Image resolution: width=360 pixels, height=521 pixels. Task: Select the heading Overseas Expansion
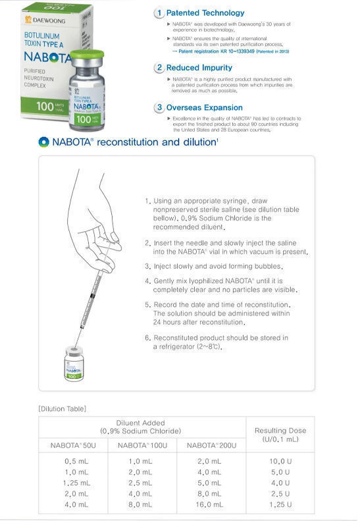tap(203, 107)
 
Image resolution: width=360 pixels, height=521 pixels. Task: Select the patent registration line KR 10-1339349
tap(225, 51)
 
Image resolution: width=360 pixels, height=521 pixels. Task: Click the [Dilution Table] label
tap(63, 409)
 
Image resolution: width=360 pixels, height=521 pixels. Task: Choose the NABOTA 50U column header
tap(72, 445)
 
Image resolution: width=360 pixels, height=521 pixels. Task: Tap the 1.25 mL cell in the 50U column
tap(73, 483)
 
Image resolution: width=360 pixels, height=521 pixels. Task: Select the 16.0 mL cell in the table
tap(209, 505)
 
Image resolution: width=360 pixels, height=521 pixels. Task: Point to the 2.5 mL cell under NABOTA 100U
tap(141, 483)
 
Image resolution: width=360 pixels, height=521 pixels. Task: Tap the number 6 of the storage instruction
tap(147, 337)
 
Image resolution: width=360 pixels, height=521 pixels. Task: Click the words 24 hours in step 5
tap(168, 323)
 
